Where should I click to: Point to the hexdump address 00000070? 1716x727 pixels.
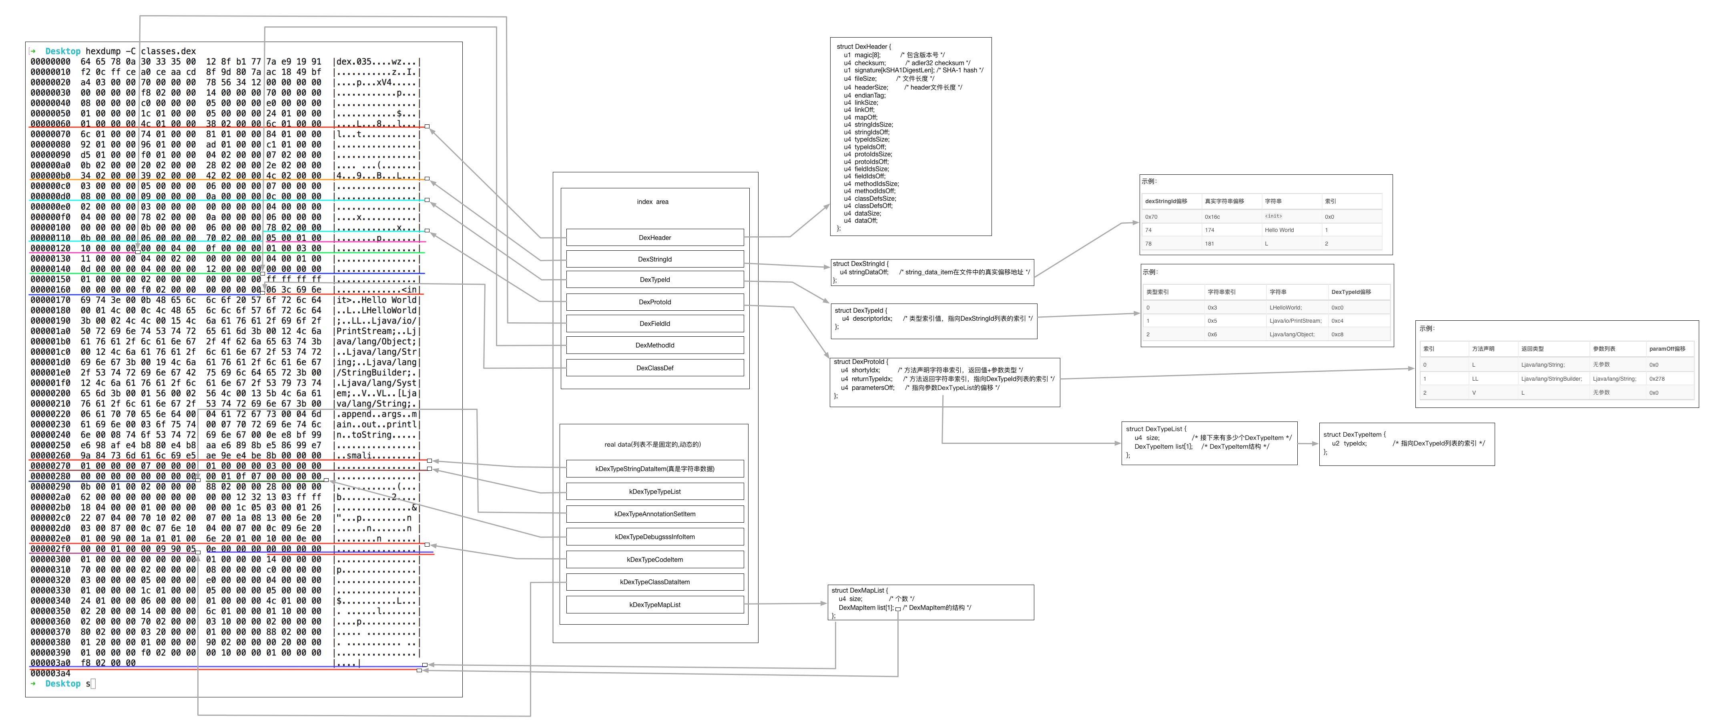pos(50,134)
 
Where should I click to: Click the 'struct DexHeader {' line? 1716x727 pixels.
pos(863,47)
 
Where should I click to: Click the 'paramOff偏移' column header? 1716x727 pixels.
pos(1667,349)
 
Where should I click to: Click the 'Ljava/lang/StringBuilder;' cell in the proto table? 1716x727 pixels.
pos(1551,379)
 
